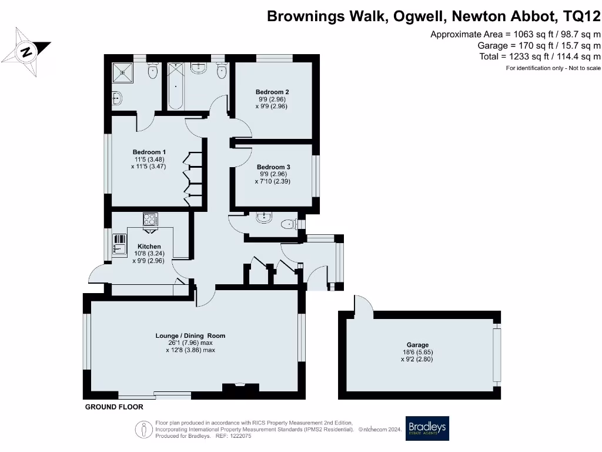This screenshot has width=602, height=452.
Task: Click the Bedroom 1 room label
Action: [x=149, y=152]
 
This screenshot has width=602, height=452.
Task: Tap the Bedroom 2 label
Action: [x=272, y=92]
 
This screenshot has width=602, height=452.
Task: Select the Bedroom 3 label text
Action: [x=273, y=167]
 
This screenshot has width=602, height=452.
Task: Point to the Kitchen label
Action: [x=149, y=247]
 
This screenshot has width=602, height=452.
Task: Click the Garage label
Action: [x=418, y=345]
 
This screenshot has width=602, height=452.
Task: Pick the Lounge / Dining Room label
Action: [x=190, y=335]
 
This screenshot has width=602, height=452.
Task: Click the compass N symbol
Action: [x=26, y=52]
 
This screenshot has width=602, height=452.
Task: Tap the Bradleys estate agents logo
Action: [x=427, y=428]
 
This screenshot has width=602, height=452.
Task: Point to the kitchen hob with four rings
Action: [x=150, y=220]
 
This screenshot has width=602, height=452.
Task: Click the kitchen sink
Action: [x=119, y=245]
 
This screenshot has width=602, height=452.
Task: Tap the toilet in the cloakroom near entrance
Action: [x=289, y=224]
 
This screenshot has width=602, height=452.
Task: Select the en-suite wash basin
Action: [x=117, y=98]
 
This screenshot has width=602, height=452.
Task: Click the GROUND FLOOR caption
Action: [x=114, y=407]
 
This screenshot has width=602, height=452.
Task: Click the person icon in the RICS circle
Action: [x=144, y=429]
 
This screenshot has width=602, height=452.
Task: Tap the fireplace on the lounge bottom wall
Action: [x=240, y=387]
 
